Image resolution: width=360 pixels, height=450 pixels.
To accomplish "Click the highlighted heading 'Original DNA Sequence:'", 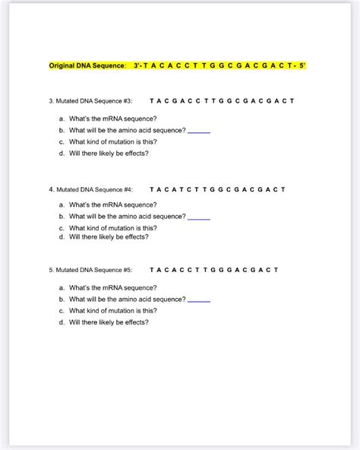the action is (x=87, y=67).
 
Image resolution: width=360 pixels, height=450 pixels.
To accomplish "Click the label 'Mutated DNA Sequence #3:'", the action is (x=90, y=101).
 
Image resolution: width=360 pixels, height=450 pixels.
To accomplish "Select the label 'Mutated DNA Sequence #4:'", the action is (x=90, y=189).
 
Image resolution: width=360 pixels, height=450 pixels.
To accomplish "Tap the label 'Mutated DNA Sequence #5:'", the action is (x=90, y=270).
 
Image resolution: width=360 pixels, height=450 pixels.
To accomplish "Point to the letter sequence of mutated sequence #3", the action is (x=222, y=101).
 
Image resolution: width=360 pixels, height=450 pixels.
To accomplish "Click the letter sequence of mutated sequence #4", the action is (x=217, y=189).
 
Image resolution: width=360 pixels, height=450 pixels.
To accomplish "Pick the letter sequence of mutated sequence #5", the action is (x=214, y=270).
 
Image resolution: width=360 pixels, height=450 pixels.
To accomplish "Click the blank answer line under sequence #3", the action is (x=199, y=132).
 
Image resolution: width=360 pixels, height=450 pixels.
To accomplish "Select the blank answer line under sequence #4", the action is (x=199, y=218).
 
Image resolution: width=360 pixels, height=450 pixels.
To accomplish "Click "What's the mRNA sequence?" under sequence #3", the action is (x=112, y=119).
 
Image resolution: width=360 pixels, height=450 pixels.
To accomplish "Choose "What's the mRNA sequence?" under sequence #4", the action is (x=112, y=204).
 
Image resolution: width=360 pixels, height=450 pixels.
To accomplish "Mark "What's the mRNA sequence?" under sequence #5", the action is (x=112, y=288).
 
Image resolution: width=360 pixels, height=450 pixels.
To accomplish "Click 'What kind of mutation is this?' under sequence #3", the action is (x=112, y=141).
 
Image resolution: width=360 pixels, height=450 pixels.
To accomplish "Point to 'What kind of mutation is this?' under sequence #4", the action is (x=112, y=228).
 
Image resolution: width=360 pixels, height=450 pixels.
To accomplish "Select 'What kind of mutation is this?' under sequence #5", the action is (x=112, y=311).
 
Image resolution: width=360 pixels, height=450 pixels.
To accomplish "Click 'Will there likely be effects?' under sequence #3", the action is (x=109, y=153).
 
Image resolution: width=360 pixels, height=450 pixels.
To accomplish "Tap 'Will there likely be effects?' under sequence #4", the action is (x=109, y=236).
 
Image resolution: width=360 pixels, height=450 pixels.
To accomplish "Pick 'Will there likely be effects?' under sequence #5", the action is (x=109, y=322).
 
